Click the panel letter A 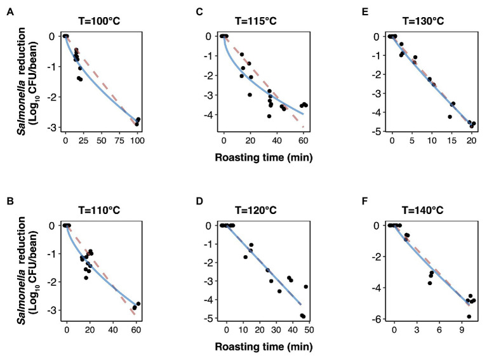[x=10, y=11]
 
